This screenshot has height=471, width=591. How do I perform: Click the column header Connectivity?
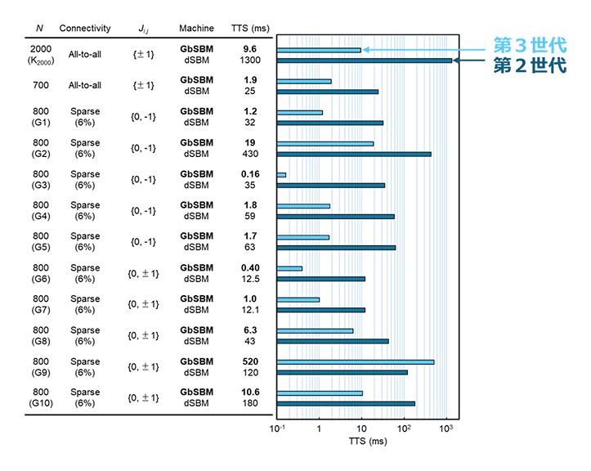(85, 29)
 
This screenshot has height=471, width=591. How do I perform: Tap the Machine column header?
(196, 29)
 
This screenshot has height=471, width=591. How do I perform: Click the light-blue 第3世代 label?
(531, 46)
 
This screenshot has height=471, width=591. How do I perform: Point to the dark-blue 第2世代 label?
(531, 65)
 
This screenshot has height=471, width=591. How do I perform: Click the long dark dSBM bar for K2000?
(364, 60)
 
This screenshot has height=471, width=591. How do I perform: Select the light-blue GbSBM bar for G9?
(356, 361)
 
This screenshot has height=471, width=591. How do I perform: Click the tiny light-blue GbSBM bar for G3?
(282, 174)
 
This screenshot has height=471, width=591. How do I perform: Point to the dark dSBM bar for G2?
(354, 154)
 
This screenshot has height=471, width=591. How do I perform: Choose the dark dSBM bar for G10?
(346, 403)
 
